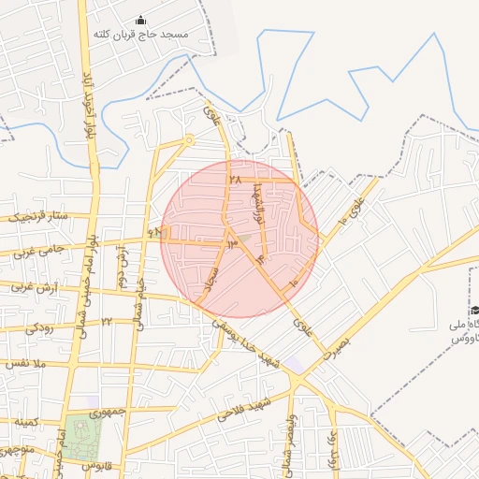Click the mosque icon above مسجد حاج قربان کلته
click(x=141, y=21)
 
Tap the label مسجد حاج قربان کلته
click(x=140, y=35)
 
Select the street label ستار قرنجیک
click(x=40, y=218)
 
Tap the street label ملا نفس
click(x=25, y=363)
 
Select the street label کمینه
click(x=26, y=424)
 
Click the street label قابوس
click(x=96, y=465)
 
